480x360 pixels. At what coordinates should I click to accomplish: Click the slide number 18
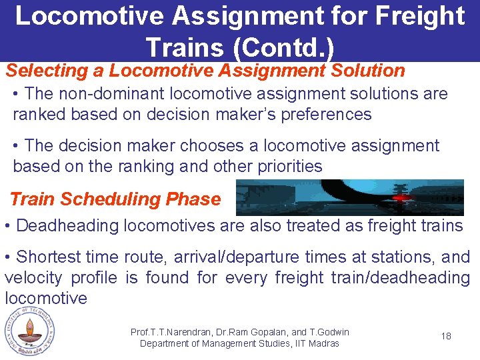click(446, 336)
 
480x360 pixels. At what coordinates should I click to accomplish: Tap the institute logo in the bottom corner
click(28, 332)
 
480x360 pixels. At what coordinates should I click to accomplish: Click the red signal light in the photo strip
click(401, 198)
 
